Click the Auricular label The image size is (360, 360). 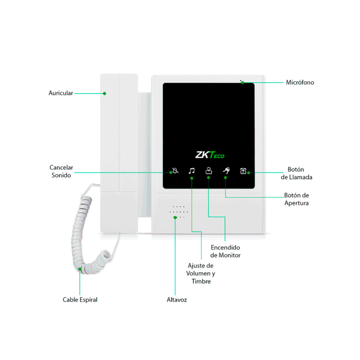pos(60,93)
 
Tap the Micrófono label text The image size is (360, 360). pos(300,82)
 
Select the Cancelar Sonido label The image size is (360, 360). pos(61,171)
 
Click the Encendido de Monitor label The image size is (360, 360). pos(226,252)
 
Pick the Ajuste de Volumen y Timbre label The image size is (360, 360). pos(201,274)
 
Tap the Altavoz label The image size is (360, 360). pos(177,299)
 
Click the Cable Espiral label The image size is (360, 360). pos(80,299)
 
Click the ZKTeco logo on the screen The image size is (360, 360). pos(210,155)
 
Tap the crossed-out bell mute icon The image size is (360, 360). pos(175,171)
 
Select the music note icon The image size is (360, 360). pos(192,171)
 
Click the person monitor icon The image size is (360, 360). pos(208,171)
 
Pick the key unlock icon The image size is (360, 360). pos(226,171)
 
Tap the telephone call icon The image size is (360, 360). pos(243,171)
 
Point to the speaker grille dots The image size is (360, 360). pos(179,212)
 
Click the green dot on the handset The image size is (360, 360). pos(104,94)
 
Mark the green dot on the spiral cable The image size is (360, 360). pos(80,270)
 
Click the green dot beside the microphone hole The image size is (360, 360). pos(242,82)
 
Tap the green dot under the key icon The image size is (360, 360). pos(226,178)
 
